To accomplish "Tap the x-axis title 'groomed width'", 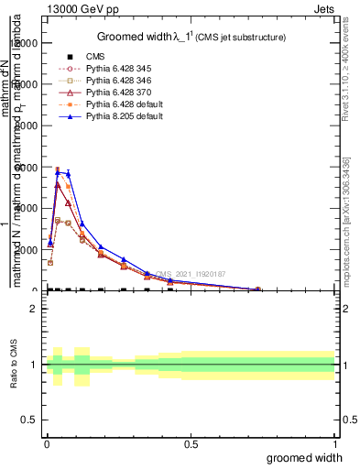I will click(311, 456).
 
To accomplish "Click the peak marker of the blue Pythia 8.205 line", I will click(58, 171).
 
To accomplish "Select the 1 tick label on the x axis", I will click(334, 443).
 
